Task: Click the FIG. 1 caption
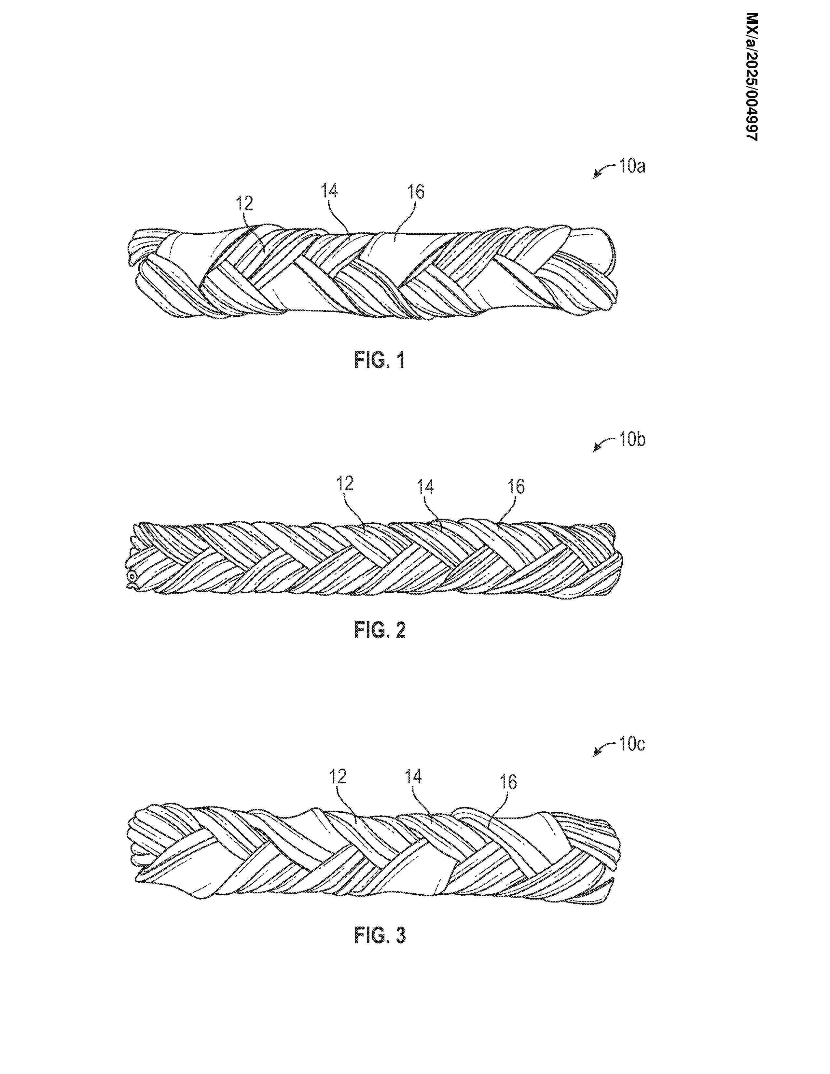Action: coord(380,361)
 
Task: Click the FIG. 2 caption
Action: coord(380,630)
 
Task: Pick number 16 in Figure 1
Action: coord(416,192)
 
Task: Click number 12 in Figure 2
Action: coord(346,484)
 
